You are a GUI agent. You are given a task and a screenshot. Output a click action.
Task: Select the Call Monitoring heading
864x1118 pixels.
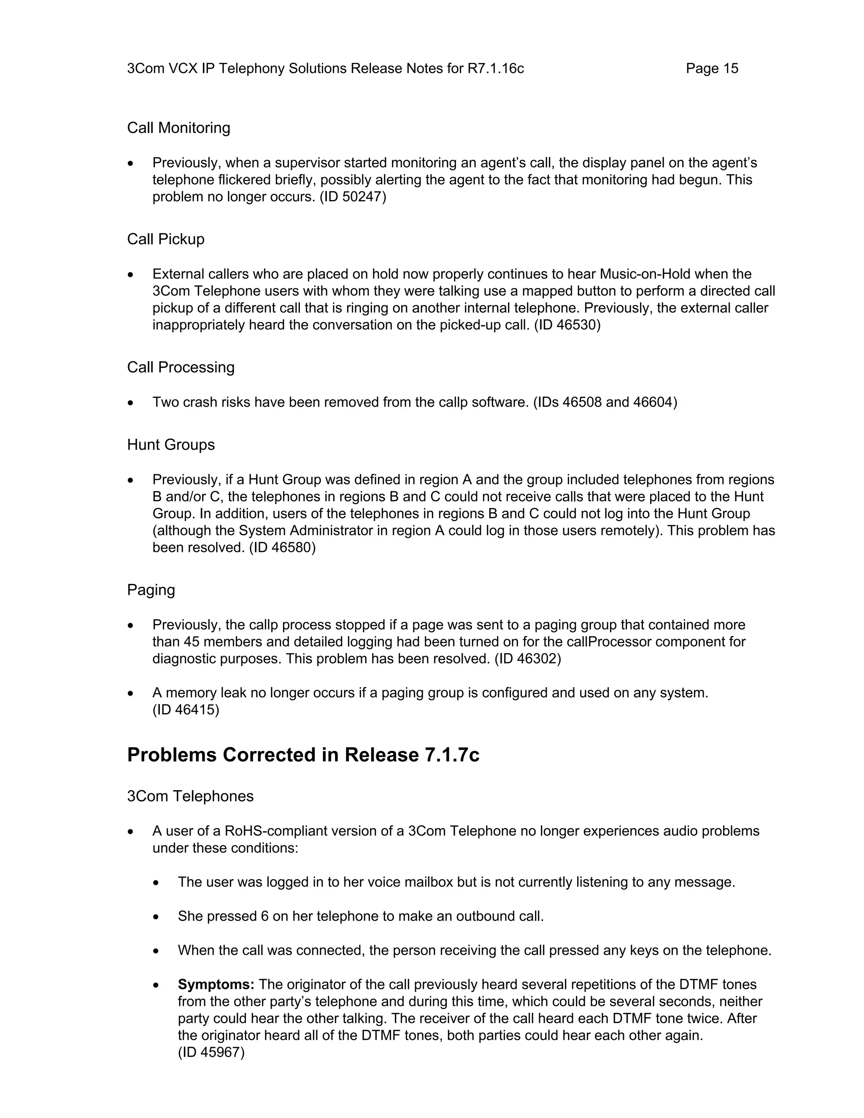178,127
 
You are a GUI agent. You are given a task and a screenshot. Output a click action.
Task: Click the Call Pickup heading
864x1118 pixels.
165,239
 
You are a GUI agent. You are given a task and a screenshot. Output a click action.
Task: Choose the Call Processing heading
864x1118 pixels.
181,367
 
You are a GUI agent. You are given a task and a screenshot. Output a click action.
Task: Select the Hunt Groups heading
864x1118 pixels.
170,444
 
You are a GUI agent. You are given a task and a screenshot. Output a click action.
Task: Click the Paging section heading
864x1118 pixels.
151,590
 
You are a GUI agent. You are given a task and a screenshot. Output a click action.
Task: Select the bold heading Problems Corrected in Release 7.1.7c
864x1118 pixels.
303,755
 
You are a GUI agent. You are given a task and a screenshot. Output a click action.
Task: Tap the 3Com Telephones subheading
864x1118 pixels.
190,796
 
